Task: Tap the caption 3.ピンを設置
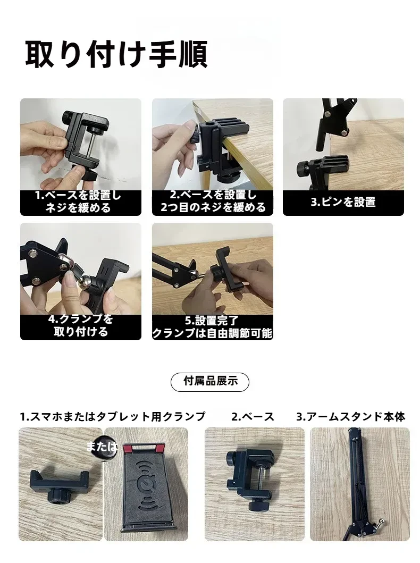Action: pos(343,202)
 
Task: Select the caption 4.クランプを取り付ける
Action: pos(81,326)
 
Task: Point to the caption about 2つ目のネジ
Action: pos(213,202)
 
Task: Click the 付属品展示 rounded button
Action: pos(210,381)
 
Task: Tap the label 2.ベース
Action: pos(253,417)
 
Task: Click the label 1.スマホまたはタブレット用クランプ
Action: pos(112,417)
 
